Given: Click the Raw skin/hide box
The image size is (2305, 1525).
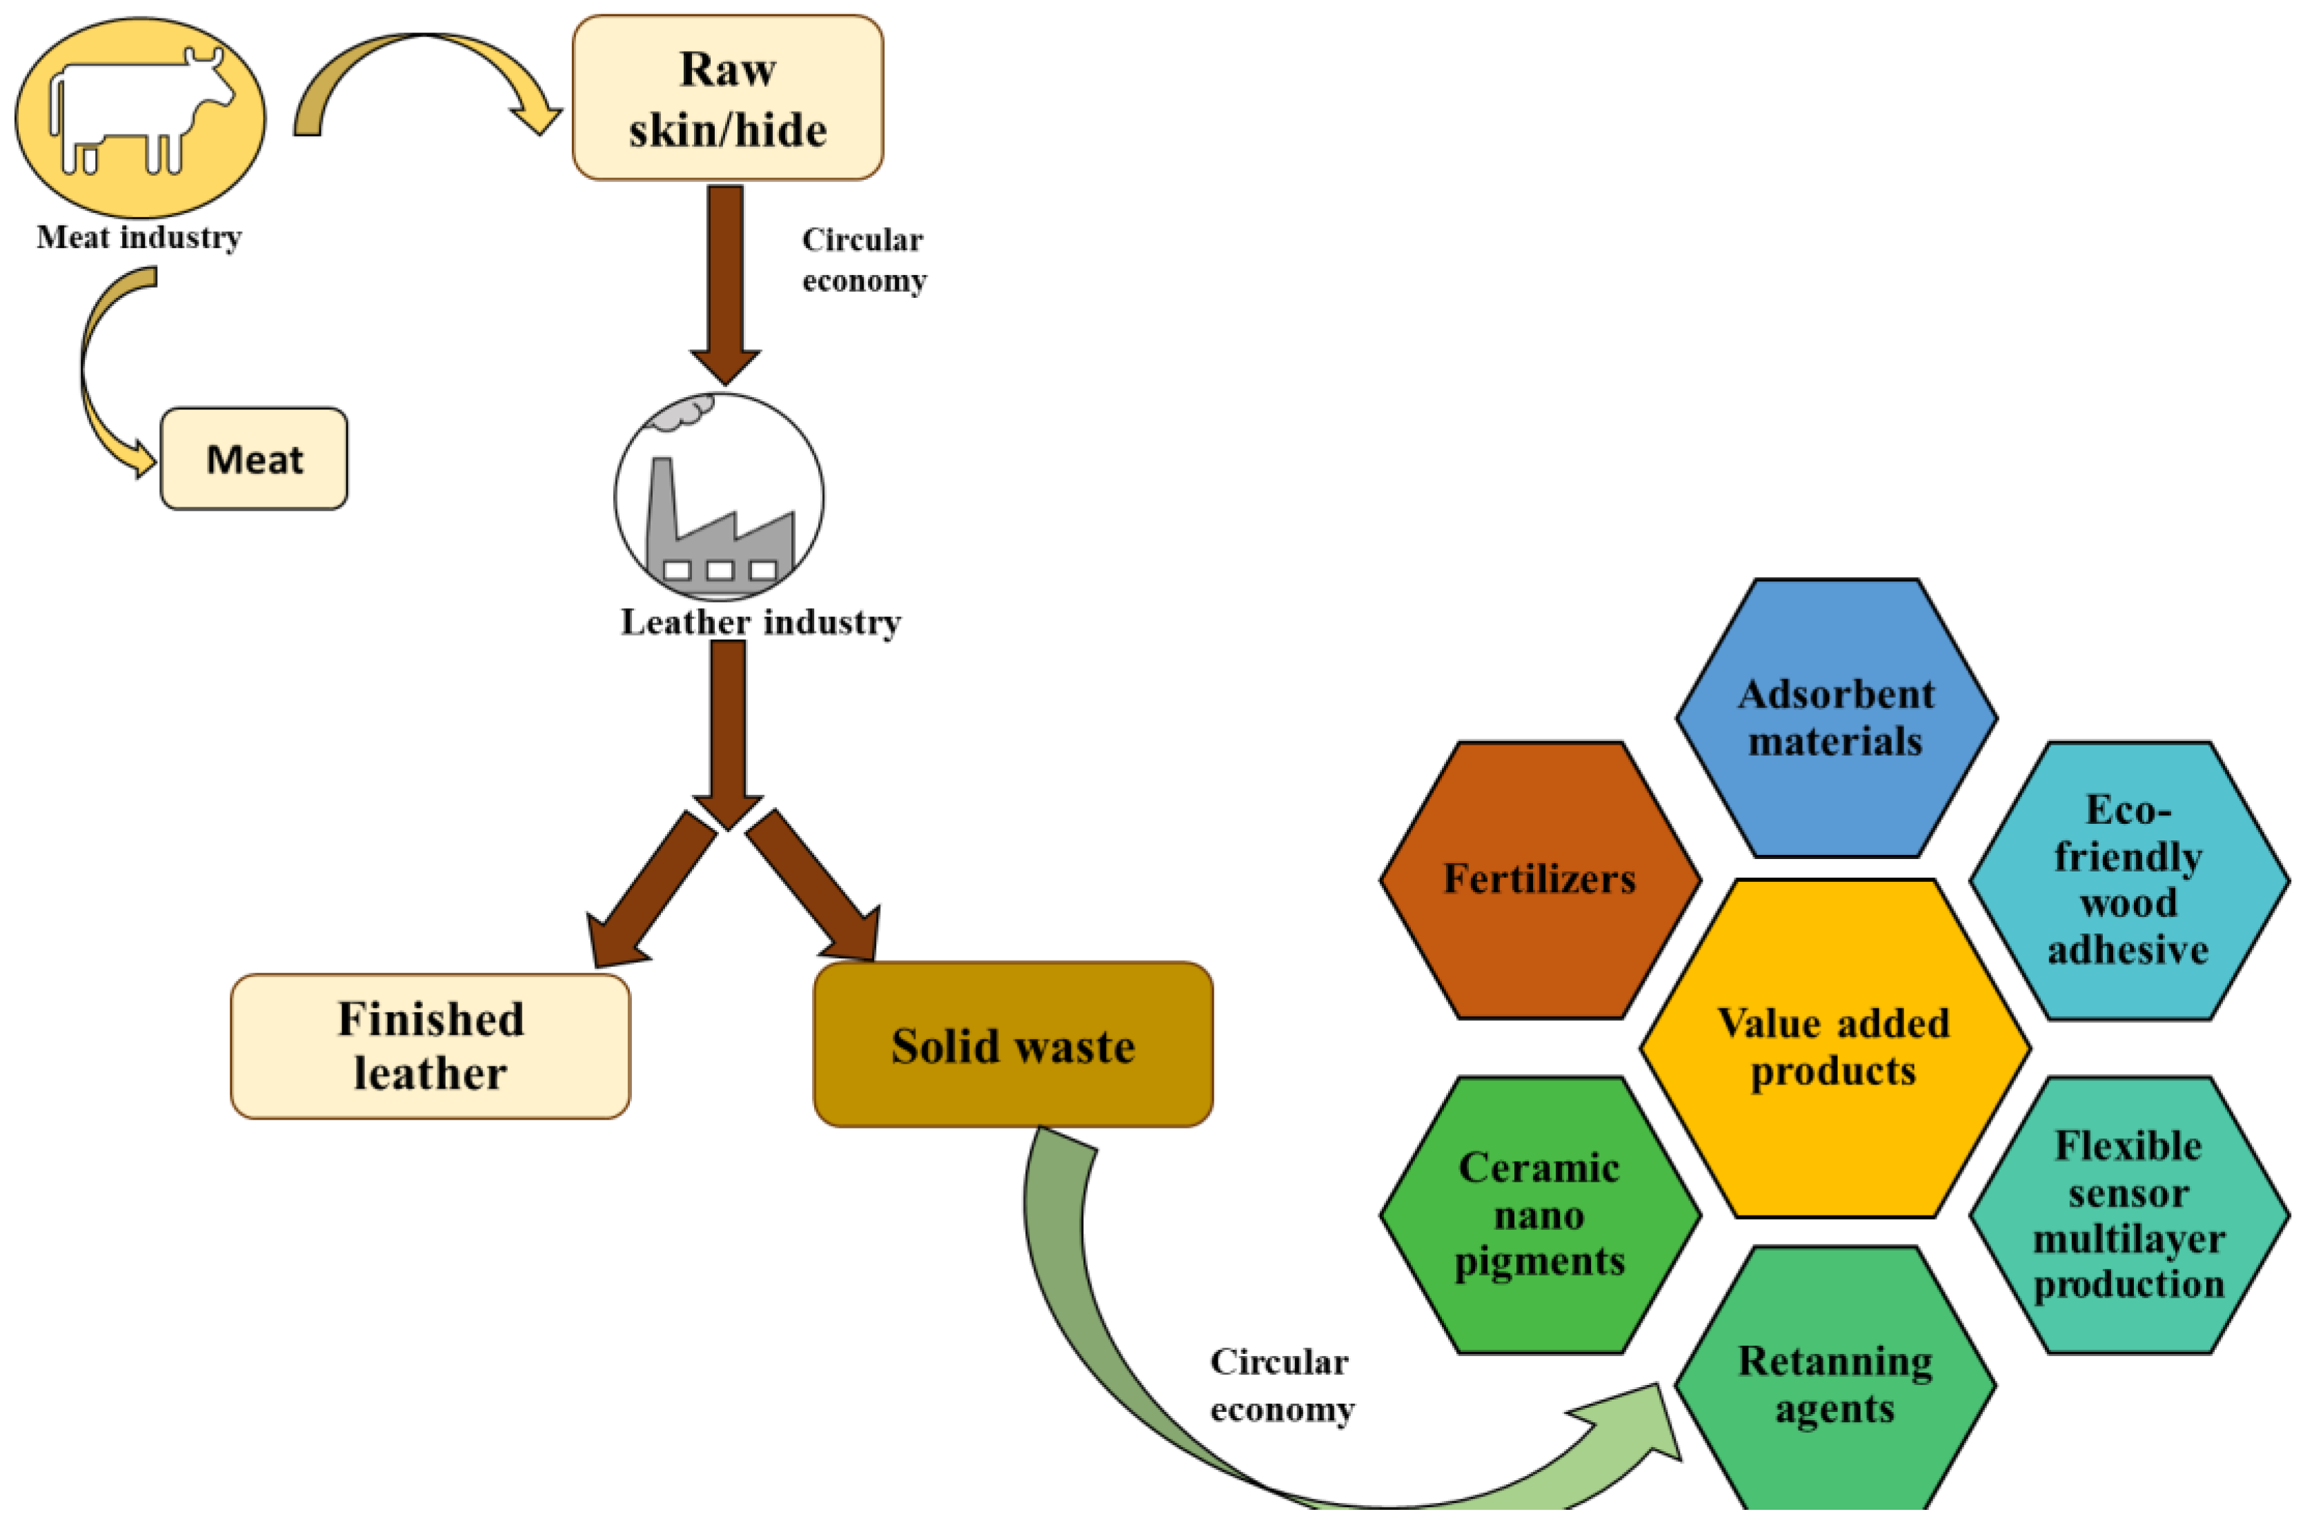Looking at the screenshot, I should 728,97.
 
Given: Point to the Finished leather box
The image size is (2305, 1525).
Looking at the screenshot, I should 430,1047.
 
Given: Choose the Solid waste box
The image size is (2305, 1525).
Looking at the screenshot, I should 1013,1046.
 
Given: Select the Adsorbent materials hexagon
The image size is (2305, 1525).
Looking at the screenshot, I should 1836,718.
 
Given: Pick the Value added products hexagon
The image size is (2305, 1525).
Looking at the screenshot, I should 1834,1047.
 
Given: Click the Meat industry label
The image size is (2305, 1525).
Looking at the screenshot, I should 139,237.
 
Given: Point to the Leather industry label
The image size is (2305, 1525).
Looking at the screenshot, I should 761,623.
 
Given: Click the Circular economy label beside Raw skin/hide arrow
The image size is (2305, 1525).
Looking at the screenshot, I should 863,260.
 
